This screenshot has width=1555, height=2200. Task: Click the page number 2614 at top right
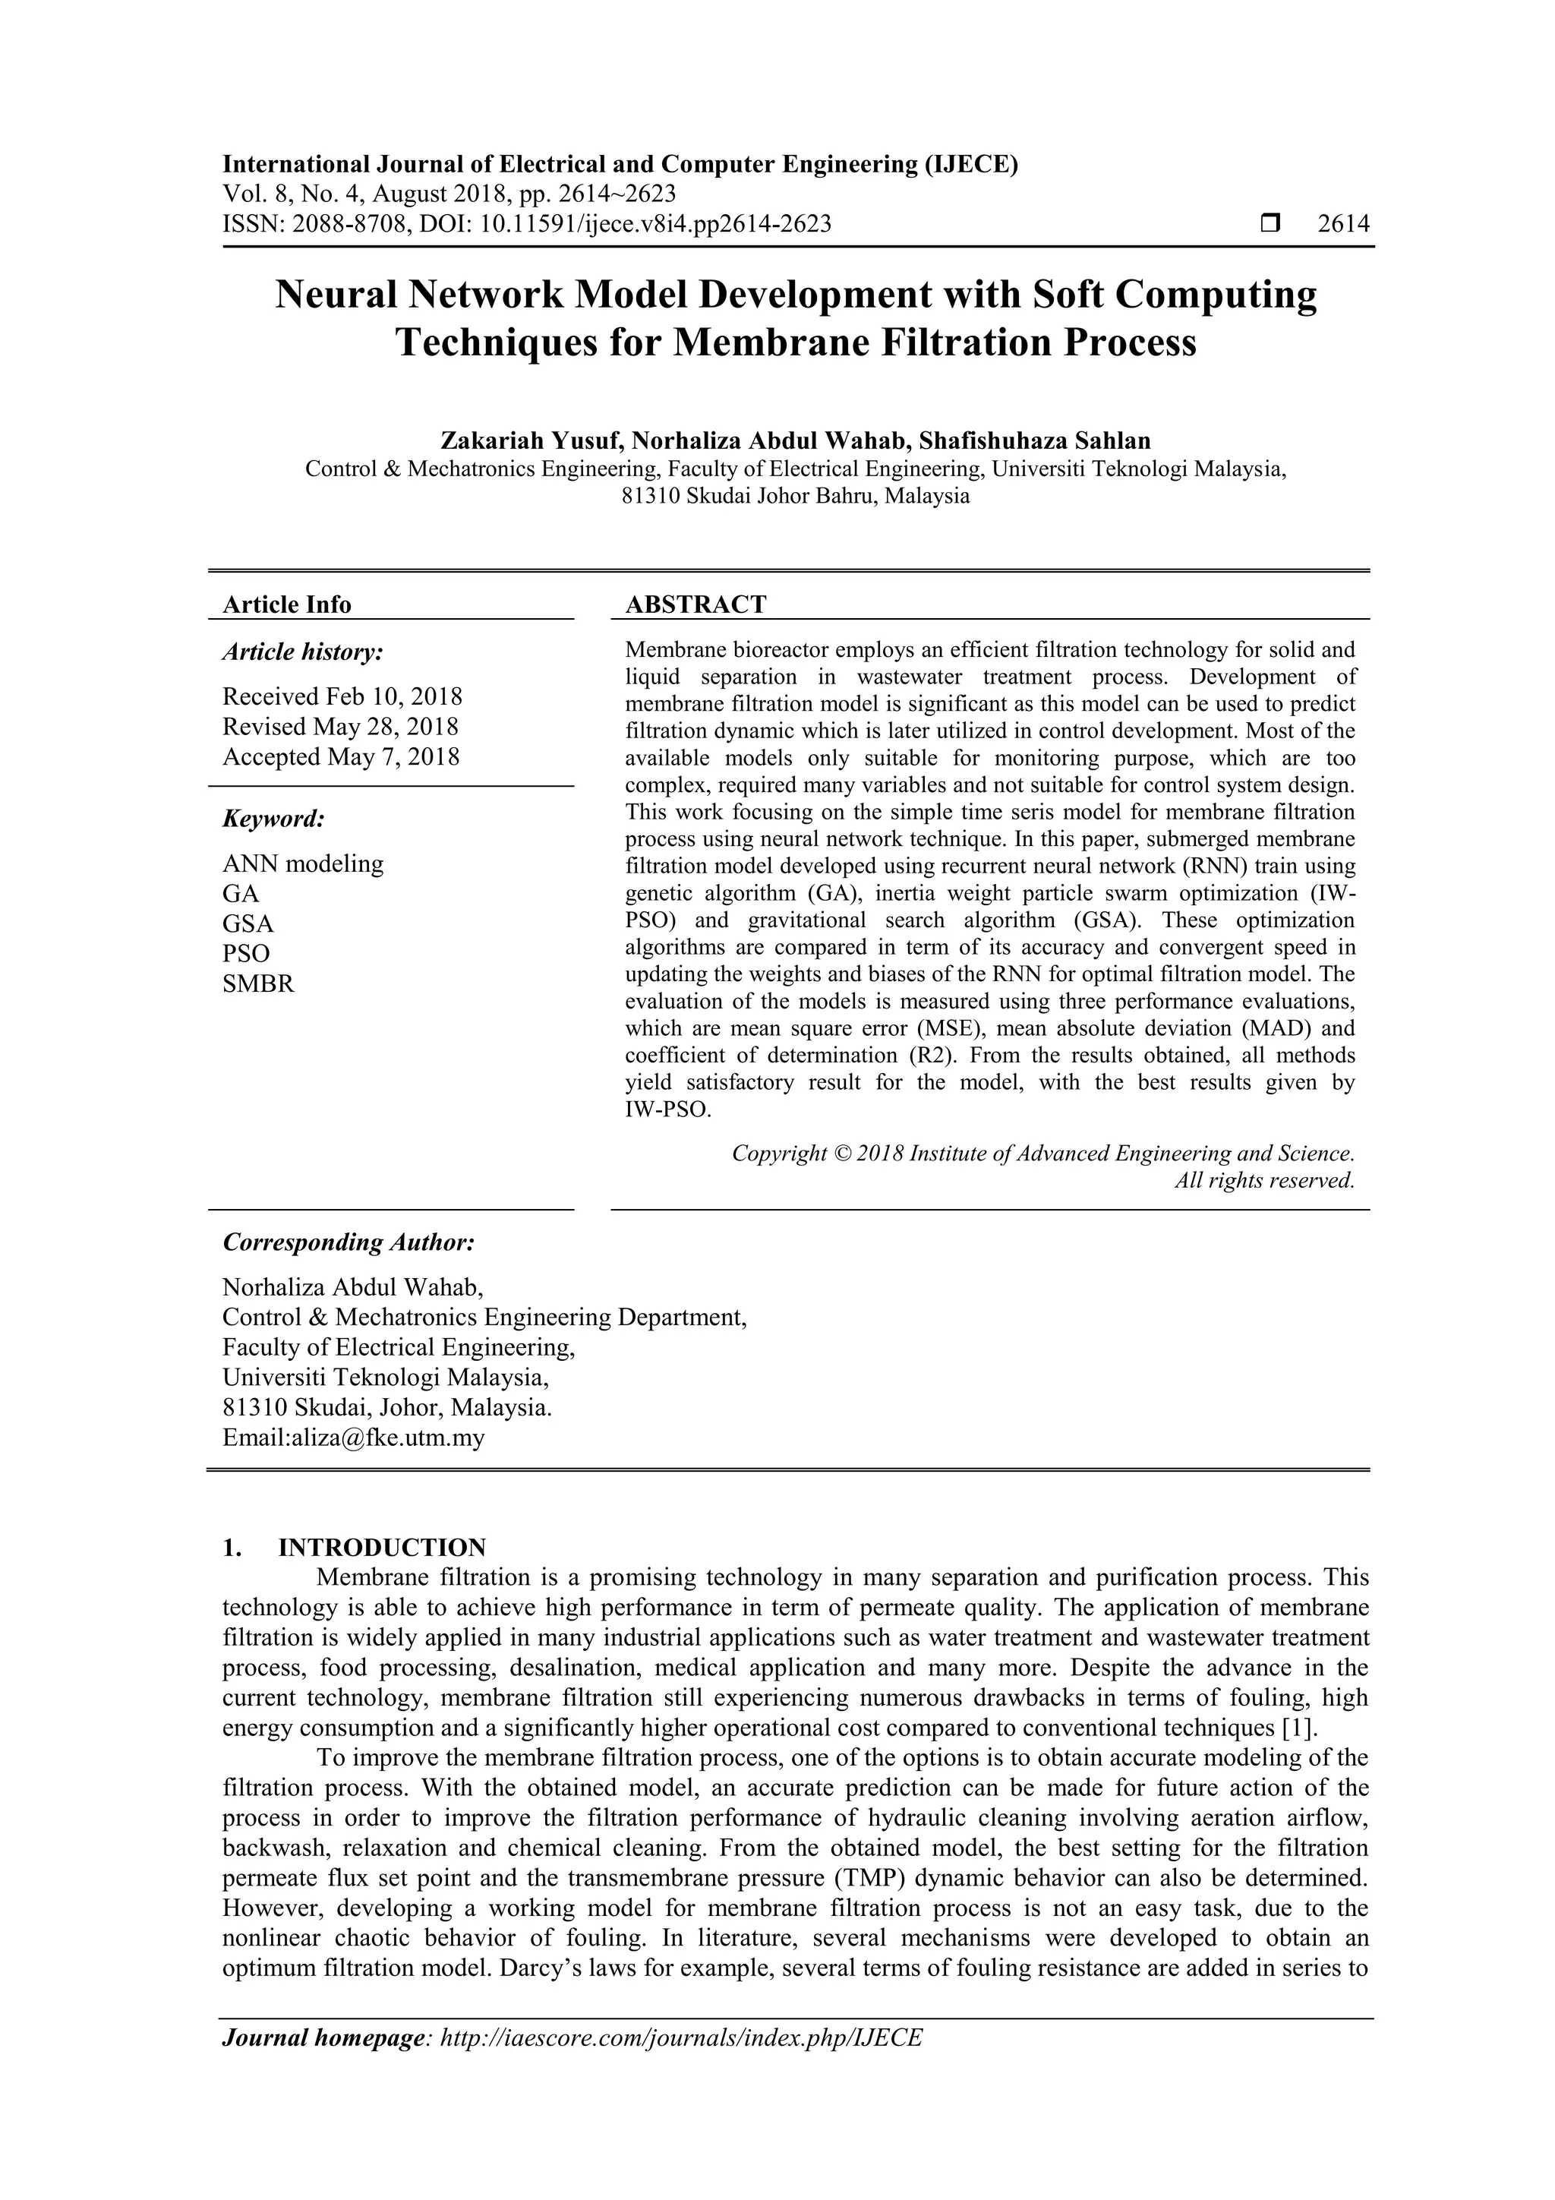coord(1343,224)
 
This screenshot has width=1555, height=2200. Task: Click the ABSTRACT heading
coord(695,604)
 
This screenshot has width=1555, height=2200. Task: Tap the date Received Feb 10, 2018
coord(342,696)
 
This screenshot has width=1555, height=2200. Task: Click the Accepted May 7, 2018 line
coord(341,757)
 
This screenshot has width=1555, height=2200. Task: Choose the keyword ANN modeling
coord(303,863)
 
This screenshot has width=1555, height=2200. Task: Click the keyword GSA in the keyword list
coord(248,923)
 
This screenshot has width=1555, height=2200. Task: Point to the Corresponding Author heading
coord(349,1243)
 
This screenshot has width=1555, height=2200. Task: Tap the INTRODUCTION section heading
coord(381,1548)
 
